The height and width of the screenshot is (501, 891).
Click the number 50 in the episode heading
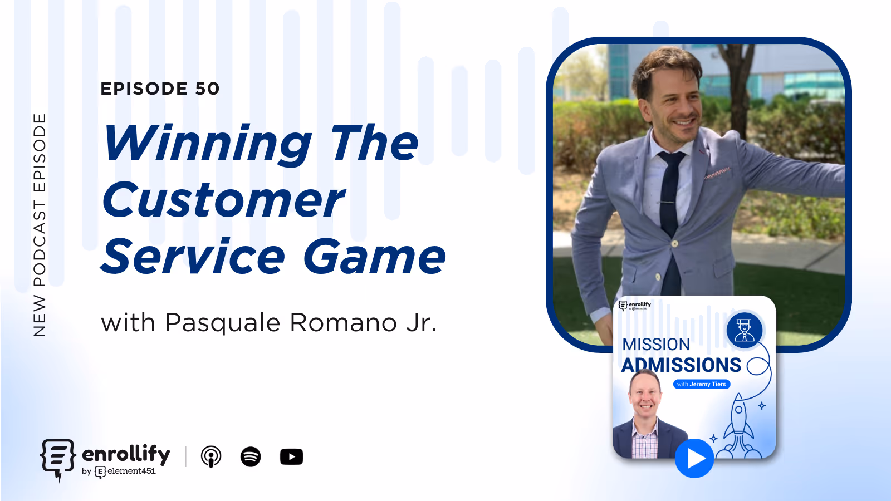coord(207,89)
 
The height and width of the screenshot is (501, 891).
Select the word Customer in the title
coord(223,200)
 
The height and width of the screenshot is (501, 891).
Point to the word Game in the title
coord(374,257)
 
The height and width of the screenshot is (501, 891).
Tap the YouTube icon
coord(291,457)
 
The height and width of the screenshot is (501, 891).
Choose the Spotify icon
coord(251,457)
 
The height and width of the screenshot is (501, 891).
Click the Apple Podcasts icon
coord(211,457)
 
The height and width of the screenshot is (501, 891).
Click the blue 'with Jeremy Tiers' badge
coord(702,384)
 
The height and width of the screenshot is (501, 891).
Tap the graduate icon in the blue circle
coord(745,330)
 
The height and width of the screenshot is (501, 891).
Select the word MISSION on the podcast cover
coord(656,345)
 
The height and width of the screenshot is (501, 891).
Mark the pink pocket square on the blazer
coord(717,174)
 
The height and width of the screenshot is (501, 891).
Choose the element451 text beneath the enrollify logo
coord(131,471)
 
